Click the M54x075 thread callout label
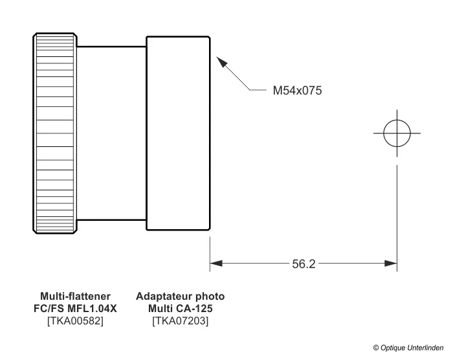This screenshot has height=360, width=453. pyautogui.click(x=297, y=91)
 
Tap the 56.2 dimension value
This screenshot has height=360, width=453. pyautogui.click(x=304, y=264)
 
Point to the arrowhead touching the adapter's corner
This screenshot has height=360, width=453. pyautogui.click(x=221, y=62)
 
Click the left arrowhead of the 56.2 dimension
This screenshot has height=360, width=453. pyautogui.click(x=215, y=264)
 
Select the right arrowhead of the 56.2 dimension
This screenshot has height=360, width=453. pyautogui.click(x=391, y=264)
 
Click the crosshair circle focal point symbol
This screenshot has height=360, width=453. pyautogui.click(x=397, y=133)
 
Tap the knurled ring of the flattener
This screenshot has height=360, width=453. pyautogui.click(x=53, y=132)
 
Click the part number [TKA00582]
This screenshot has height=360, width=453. pyautogui.click(x=75, y=321)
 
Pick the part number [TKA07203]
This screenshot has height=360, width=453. pyautogui.click(x=180, y=321)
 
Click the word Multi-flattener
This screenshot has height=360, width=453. pyautogui.click(x=75, y=297)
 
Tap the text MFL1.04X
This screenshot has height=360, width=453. pyautogui.click(x=94, y=308)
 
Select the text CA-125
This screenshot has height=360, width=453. pyautogui.click(x=195, y=308)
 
